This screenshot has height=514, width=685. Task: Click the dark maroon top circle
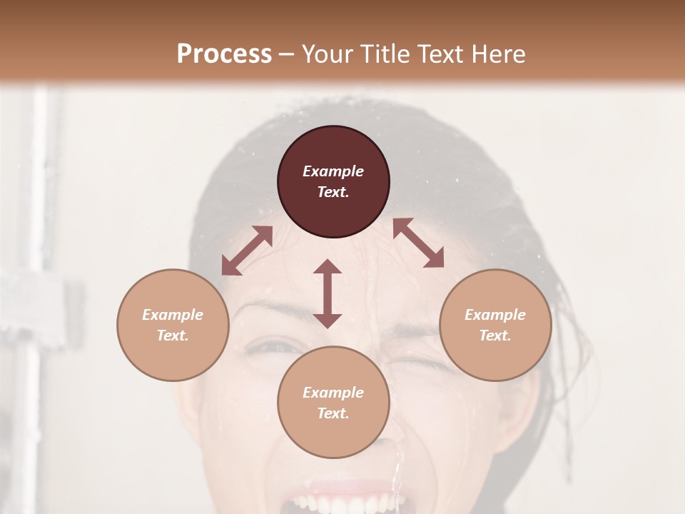(x=333, y=182)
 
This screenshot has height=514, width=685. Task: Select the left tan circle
(x=173, y=325)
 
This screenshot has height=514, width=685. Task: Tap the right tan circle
(x=495, y=325)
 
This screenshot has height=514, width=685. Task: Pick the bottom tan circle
(x=333, y=403)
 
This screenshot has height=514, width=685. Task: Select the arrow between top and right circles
(x=419, y=243)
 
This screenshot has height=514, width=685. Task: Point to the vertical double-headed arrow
(x=328, y=293)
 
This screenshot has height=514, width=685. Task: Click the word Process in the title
(x=224, y=54)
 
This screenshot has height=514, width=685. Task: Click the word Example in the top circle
(x=333, y=171)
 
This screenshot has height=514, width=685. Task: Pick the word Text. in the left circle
(x=173, y=336)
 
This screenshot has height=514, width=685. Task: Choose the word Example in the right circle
(x=495, y=315)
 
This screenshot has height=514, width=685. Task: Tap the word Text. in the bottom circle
(x=333, y=413)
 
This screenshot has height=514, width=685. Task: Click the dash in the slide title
(x=287, y=54)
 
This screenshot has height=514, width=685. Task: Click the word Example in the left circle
(x=173, y=315)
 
